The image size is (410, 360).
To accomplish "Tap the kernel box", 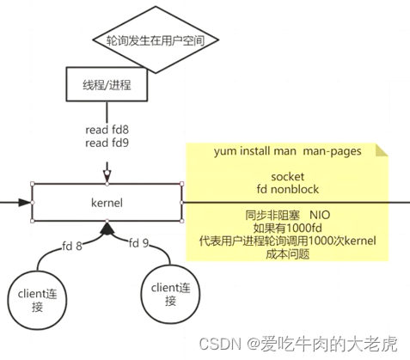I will [x=107, y=203].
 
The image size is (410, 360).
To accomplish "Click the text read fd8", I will [x=107, y=129].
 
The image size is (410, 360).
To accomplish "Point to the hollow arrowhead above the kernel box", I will [x=107, y=179].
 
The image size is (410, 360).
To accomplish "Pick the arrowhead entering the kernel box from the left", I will [x=28, y=204].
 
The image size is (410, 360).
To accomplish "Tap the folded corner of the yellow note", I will [x=382, y=149].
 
